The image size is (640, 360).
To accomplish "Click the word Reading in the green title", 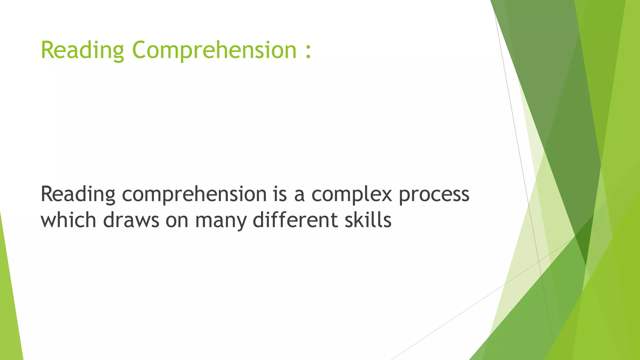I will [x=82, y=50].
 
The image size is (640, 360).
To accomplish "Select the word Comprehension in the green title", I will [x=214, y=50].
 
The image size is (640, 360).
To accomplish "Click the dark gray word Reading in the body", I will [x=78, y=194].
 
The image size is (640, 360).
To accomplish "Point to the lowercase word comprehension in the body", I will [x=194, y=194].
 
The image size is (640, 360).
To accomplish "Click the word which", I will [x=68, y=220].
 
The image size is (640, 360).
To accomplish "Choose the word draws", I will [x=131, y=220].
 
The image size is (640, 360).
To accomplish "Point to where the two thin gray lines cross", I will [x=539, y=260].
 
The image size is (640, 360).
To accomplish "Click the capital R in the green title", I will [x=47, y=50].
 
